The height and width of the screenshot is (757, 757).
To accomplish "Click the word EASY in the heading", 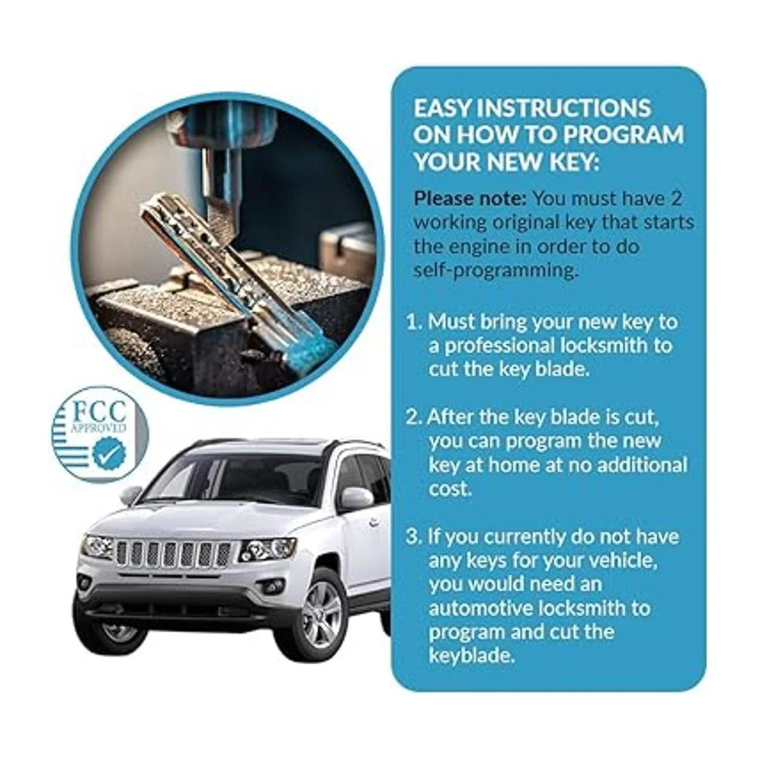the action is (x=443, y=108).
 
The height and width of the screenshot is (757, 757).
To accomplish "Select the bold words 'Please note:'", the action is (x=470, y=199).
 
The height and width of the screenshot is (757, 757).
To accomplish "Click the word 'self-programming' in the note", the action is (x=496, y=271).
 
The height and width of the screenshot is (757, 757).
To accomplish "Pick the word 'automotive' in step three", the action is (x=481, y=608).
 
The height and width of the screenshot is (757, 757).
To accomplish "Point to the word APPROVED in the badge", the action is (x=98, y=428).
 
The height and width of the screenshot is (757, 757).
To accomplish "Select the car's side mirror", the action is (x=356, y=498).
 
